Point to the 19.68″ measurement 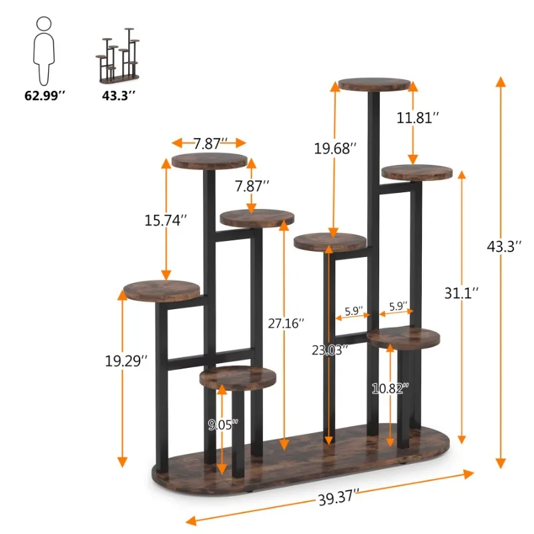click(x=335, y=148)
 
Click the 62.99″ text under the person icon click(x=45, y=96)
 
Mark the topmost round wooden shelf click(x=373, y=85)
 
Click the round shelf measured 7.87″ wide click(x=209, y=161)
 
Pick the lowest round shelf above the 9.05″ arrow click(x=238, y=377)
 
